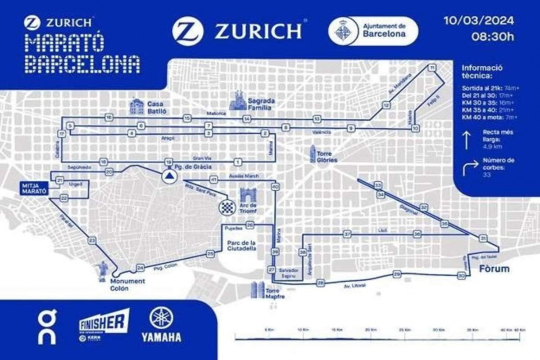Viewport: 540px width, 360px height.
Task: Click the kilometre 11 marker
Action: point(432,67)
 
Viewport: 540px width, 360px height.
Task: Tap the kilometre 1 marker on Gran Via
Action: point(238,162)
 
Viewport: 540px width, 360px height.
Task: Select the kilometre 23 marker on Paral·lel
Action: point(92,241)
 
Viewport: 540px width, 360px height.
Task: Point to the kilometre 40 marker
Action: point(275,186)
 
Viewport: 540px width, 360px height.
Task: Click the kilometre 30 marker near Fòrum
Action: point(461,276)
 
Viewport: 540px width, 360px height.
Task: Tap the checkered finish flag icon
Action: point(227,207)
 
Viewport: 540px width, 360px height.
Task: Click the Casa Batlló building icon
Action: point(137,106)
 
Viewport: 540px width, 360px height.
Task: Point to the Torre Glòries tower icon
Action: point(313,154)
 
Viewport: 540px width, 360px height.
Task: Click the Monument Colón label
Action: point(127,285)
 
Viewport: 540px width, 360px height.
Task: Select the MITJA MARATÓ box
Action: point(34,188)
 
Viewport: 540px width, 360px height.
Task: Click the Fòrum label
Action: point(494,269)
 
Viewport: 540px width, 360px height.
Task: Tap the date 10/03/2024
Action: point(478,21)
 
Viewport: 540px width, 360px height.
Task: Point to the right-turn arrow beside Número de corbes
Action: point(470,168)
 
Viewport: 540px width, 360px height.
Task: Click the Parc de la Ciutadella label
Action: point(241,246)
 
